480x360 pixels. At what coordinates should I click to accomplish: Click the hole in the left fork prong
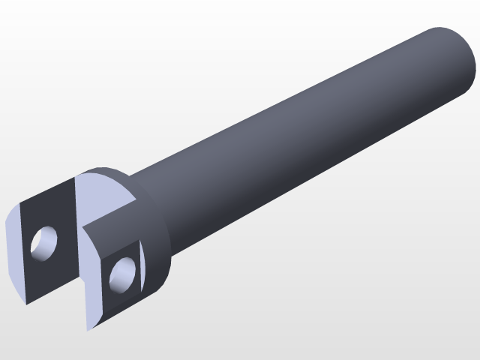43,242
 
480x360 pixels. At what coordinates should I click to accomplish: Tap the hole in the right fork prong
123,274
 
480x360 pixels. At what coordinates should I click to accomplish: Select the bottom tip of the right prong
89,329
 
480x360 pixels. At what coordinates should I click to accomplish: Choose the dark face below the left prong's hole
49,274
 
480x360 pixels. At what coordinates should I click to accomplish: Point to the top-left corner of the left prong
20,203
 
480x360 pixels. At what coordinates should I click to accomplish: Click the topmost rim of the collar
105,169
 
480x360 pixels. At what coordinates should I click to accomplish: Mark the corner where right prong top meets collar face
135,201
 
